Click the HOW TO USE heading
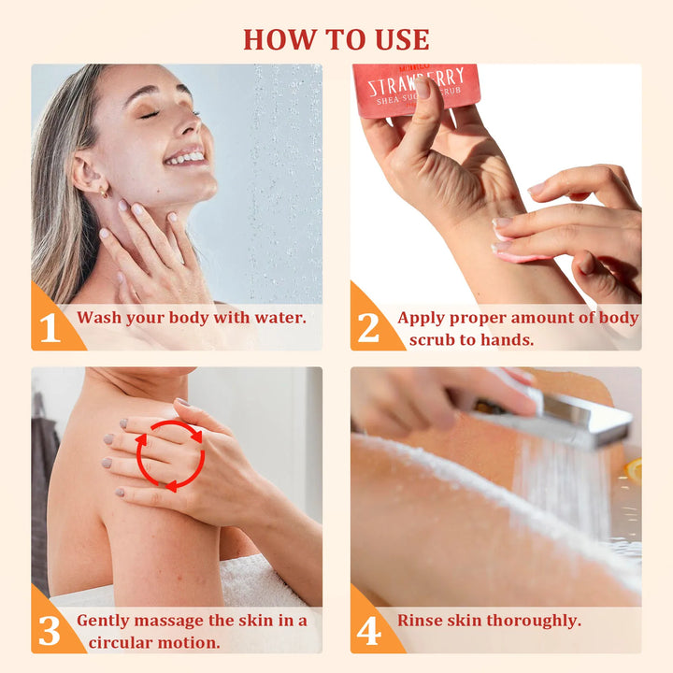[x=336, y=39]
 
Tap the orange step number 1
[x=49, y=328]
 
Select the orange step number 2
[x=368, y=328]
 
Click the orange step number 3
[x=49, y=631]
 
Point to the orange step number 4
[x=368, y=631]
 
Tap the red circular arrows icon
[x=170, y=455]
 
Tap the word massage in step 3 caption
[x=172, y=621]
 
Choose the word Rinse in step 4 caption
[x=420, y=621]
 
